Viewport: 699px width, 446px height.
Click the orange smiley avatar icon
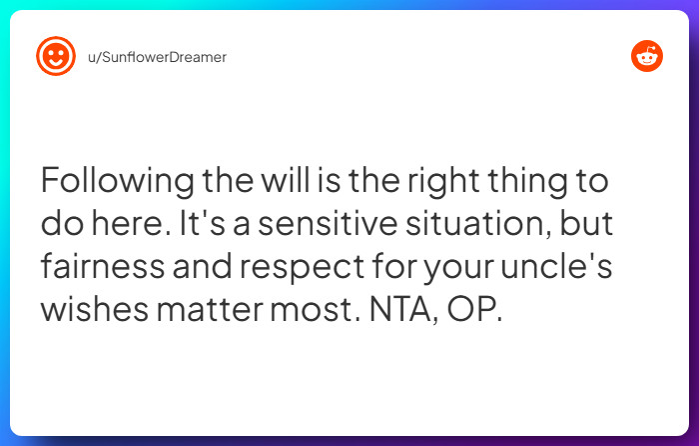coord(56,57)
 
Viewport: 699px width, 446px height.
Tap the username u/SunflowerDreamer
coord(157,57)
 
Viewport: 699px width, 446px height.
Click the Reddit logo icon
coord(647,57)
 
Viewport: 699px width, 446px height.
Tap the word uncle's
coord(562,267)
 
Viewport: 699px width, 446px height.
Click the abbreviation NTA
coord(391,309)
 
